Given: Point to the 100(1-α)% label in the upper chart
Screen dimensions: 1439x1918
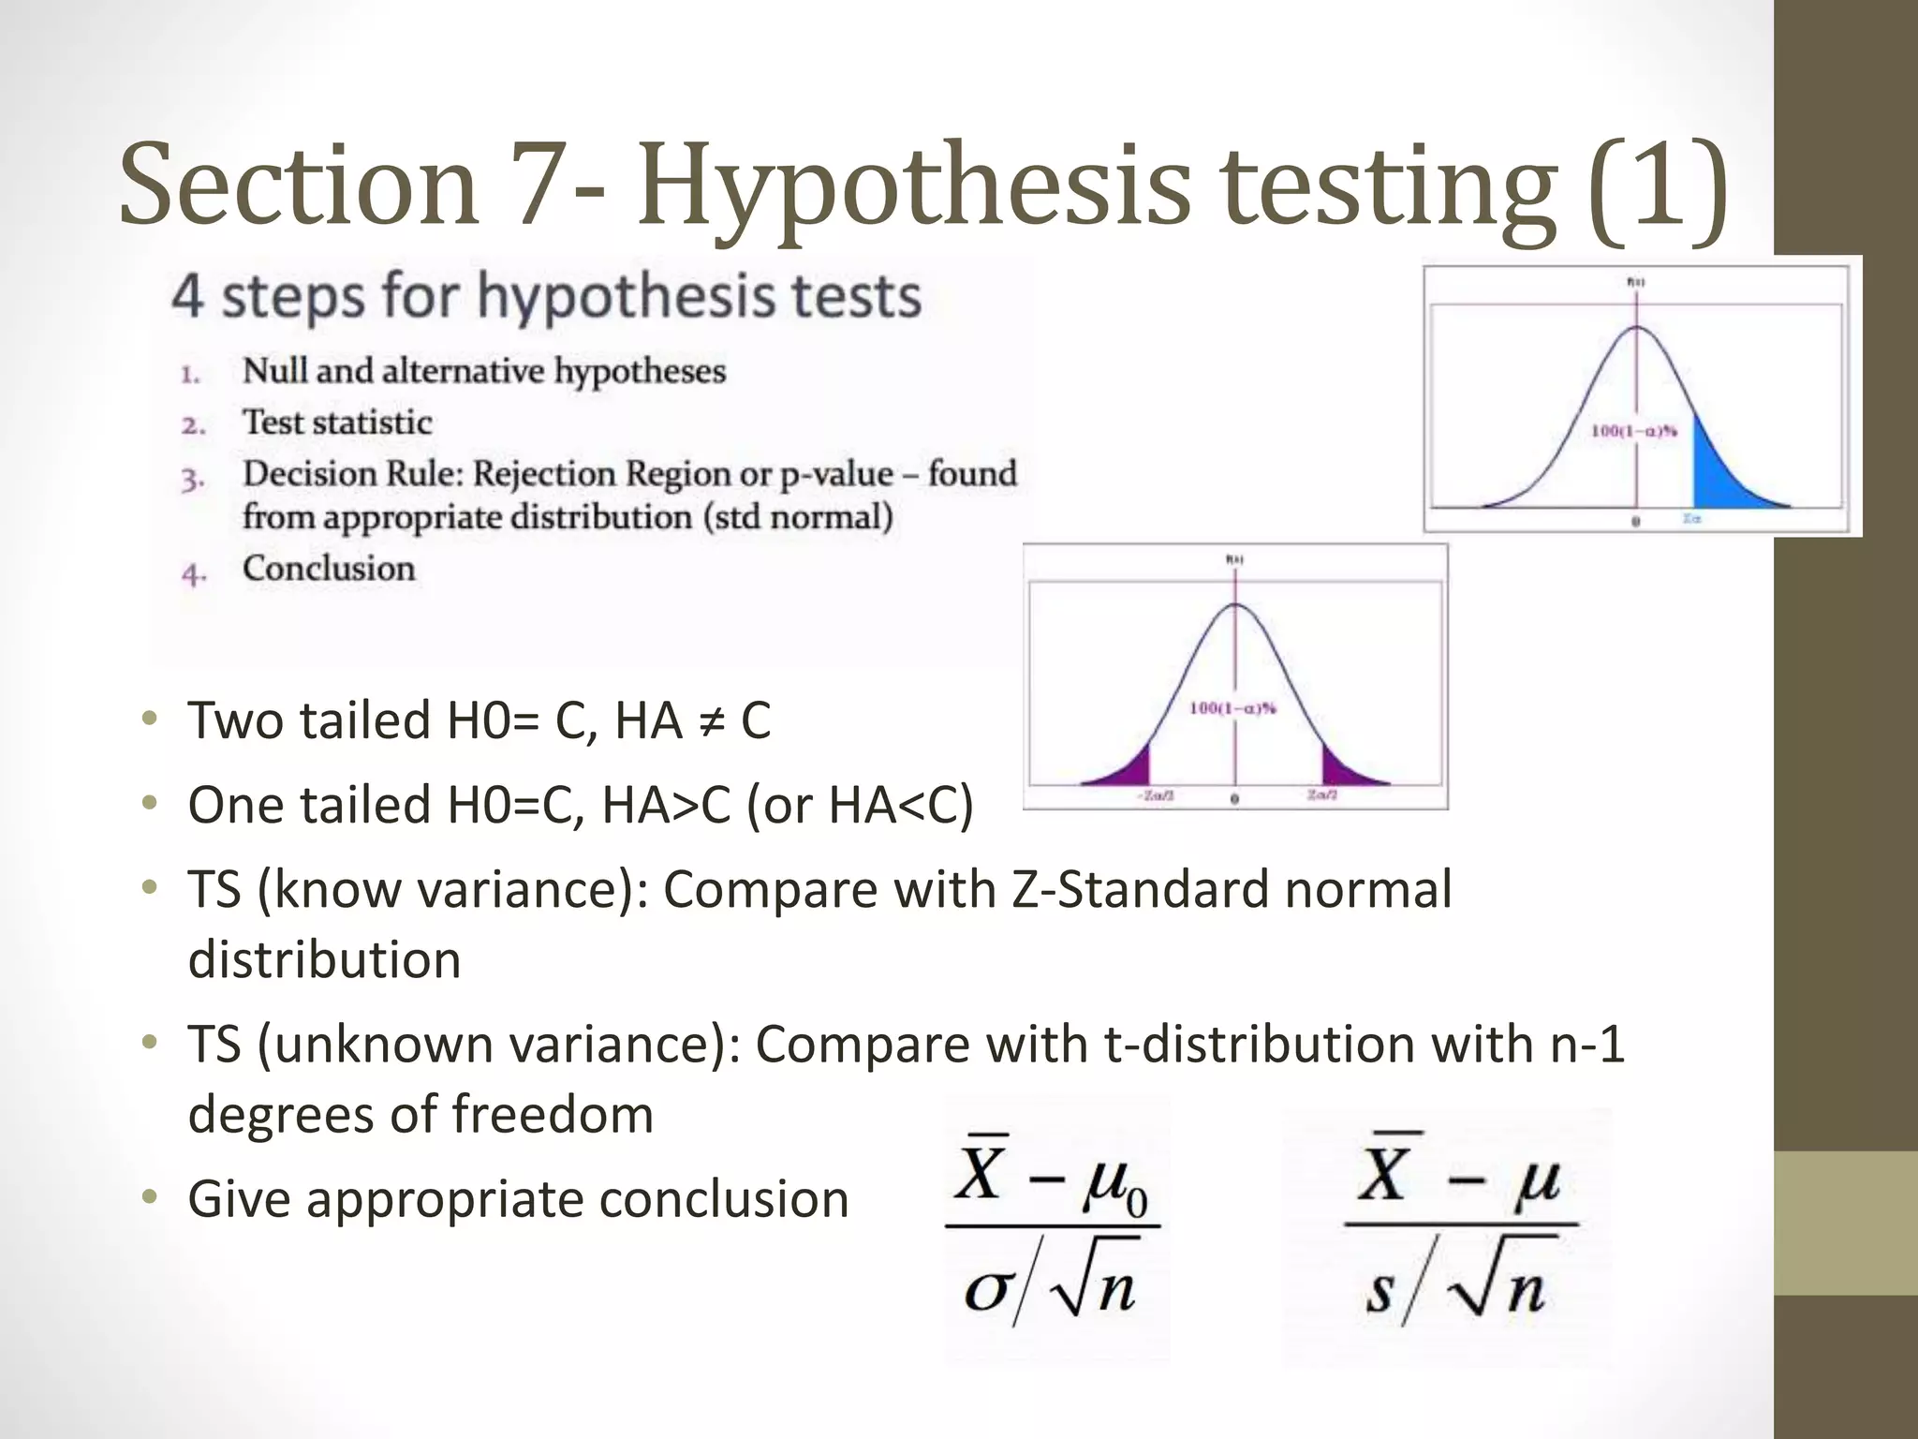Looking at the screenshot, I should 1634,431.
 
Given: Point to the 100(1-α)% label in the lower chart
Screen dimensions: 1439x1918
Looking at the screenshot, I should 1232,708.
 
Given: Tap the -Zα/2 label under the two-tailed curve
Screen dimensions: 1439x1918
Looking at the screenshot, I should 1156,796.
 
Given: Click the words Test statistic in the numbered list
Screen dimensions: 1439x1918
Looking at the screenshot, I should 337,423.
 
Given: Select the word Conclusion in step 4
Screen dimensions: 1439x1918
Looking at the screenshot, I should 329,569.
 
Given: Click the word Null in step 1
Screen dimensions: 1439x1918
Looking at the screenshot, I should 274,371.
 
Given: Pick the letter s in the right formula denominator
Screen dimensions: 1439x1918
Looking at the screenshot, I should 1379,1293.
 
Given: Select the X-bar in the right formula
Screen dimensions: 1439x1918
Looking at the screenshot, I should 1383,1171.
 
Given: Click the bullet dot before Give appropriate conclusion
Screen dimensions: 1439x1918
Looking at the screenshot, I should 149,1197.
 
